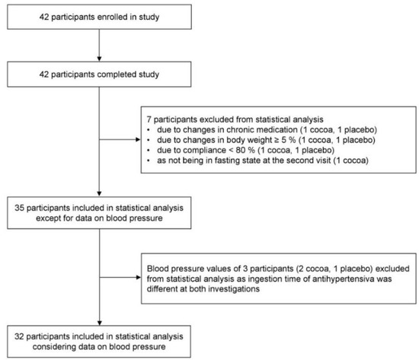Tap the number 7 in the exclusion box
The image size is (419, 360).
pos(149,119)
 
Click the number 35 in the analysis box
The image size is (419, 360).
pos(20,208)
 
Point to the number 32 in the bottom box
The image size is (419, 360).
pos(20,336)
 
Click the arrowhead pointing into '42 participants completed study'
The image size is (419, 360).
pos(99,59)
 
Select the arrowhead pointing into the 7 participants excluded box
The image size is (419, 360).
pos(138,139)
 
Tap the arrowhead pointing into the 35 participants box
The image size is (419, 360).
pos(99,194)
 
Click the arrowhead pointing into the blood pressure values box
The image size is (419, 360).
pos(138,278)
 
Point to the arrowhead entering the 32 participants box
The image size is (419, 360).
pos(99,323)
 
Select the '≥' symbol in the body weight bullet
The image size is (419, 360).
pos(277,140)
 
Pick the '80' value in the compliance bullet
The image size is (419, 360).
pos(241,150)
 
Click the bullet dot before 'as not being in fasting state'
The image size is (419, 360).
pos(149,161)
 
